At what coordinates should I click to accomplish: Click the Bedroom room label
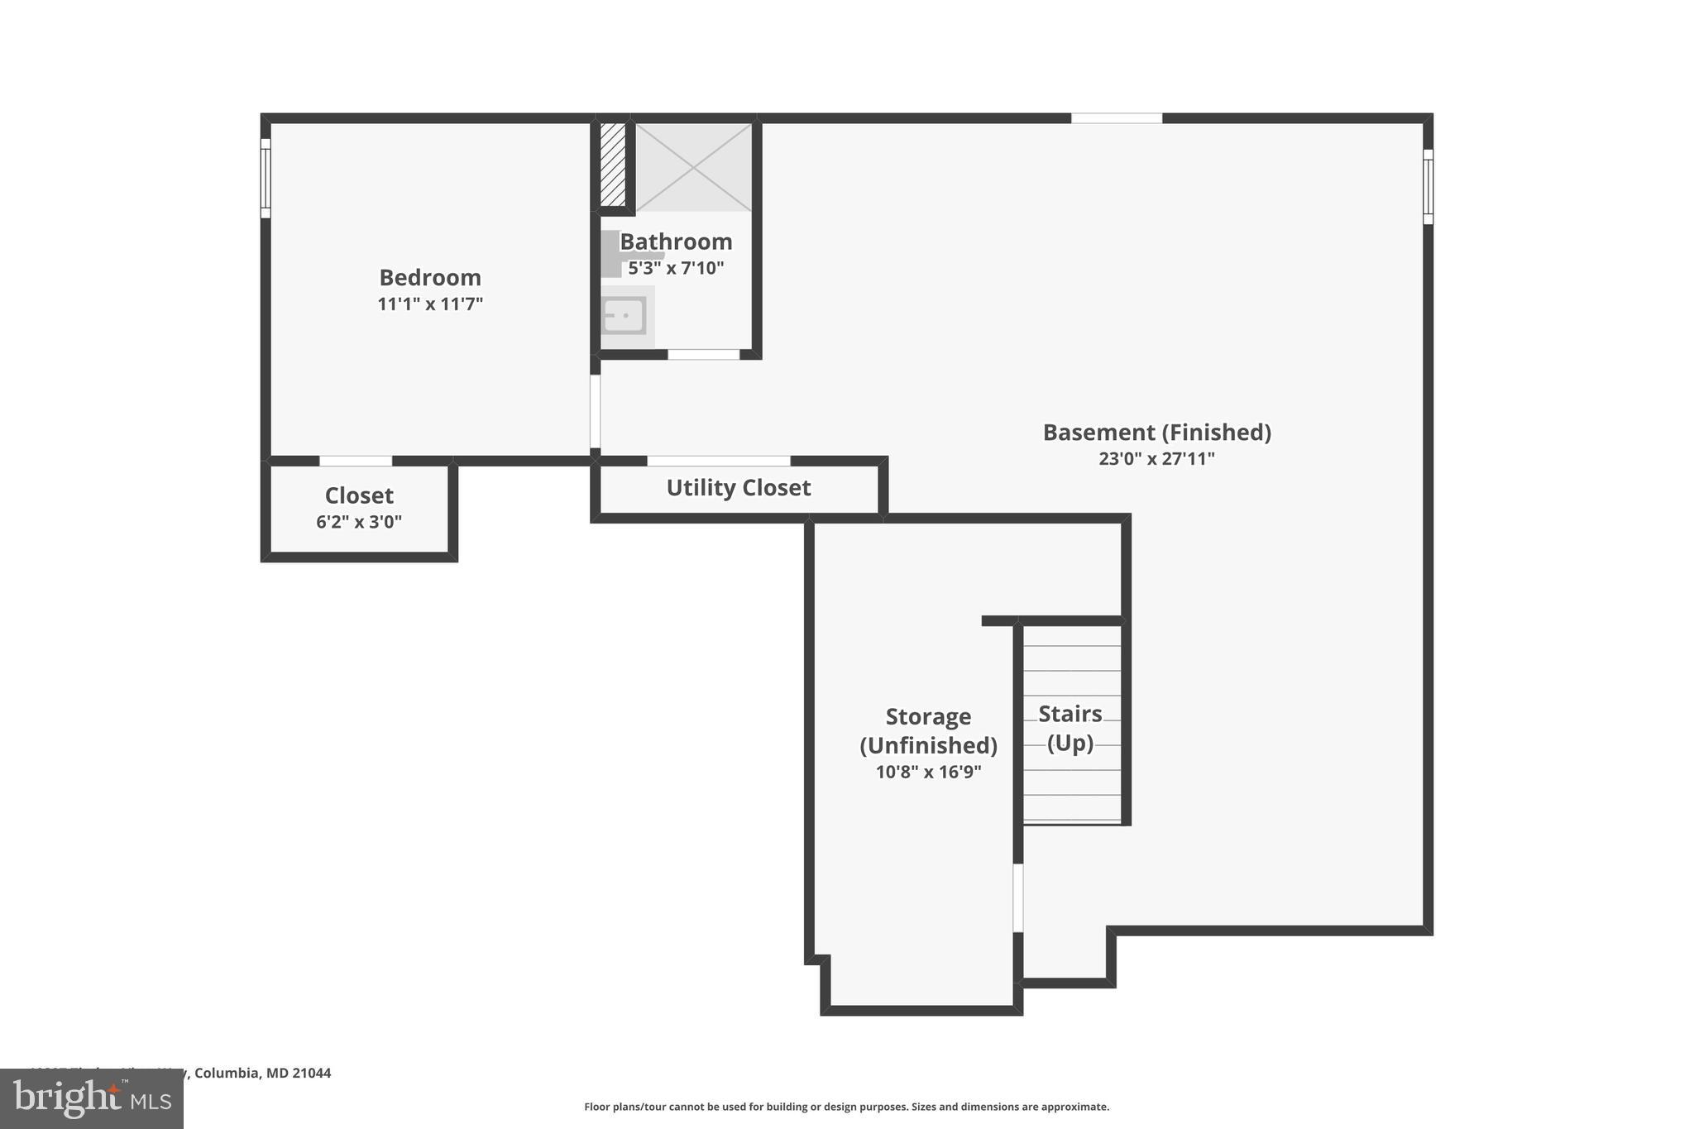(429, 277)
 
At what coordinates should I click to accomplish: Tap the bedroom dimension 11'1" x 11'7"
(429, 304)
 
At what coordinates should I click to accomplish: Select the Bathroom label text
(676, 242)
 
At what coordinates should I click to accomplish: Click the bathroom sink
(624, 316)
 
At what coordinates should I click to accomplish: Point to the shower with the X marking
(693, 167)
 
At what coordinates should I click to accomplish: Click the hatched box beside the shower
(612, 165)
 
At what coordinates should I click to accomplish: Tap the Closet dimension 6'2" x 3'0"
(358, 522)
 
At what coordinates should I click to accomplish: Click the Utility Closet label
(738, 488)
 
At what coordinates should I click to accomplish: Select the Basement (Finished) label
(1156, 433)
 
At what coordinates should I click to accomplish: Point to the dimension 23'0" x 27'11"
(1156, 459)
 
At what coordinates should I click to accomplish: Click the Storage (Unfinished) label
(928, 731)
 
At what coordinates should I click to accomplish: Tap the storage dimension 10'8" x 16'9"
(928, 773)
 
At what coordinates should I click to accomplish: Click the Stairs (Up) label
(1070, 728)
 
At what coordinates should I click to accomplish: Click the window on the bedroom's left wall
(266, 179)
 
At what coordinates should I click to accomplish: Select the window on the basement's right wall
(1428, 187)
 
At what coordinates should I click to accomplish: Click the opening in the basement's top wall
(1116, 118)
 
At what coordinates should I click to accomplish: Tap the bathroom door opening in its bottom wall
(703, 355)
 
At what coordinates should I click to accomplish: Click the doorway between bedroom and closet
(356, 461)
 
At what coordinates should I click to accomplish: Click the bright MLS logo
(92, 1098)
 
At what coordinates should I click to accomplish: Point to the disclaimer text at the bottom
(846, 1107)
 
